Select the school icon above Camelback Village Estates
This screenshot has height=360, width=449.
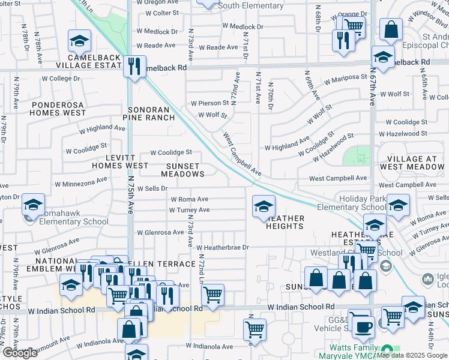(x=79, y=41)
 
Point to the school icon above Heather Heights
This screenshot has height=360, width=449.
(x=264, y=206)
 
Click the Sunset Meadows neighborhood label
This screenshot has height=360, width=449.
(x=185, y=170)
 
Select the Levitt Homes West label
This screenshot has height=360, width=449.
(x=120, y=161)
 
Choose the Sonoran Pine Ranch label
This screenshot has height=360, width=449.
(x=151, y=113)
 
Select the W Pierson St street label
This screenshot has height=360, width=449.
(x=209, y=103)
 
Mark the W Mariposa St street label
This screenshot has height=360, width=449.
(x=345, y=80)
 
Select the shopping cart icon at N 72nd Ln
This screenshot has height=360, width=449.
(x=212, y=295)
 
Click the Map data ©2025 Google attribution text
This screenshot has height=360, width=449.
(x=412, y=355)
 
